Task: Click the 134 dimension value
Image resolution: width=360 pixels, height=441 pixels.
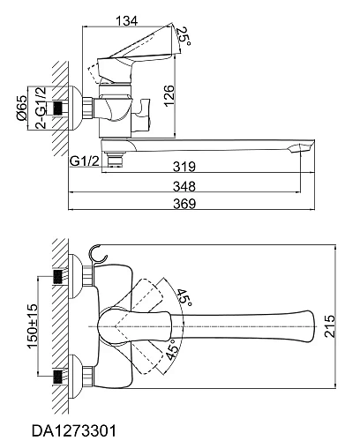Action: [x=126, y=21]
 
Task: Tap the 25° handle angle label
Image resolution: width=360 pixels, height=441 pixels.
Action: [x=184, y=36]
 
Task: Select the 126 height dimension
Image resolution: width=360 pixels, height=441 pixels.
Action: [x=169, y=96]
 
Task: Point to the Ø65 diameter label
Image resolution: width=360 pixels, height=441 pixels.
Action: [x=22, y=108]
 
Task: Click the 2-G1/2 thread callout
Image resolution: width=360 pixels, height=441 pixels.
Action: [x=41, y=108]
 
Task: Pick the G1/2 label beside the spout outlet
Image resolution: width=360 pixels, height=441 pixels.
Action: [x=85, y=161]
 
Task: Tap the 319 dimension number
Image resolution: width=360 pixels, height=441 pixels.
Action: [x=184, y=167]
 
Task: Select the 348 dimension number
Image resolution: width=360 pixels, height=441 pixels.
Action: [x=184, y=186]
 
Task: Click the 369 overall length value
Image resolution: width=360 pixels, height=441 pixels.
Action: [x=184, y=204]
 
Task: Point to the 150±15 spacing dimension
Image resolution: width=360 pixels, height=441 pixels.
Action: [x=33, y=326]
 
